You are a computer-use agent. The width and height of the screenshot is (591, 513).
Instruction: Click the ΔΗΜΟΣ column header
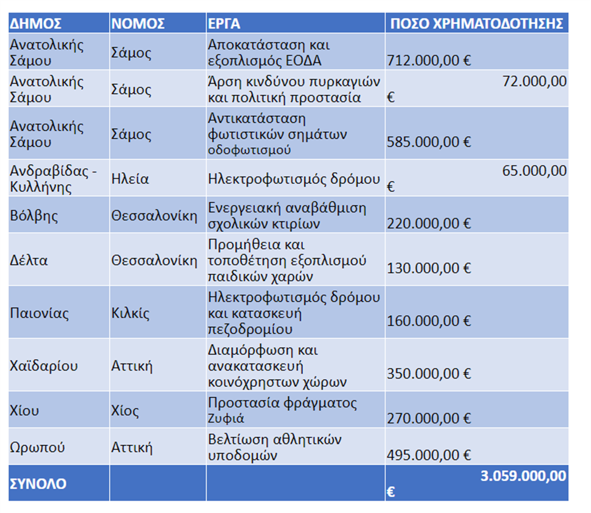click(35, 24)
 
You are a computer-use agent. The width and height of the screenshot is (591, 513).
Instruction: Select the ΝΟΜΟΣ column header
click(138, 24)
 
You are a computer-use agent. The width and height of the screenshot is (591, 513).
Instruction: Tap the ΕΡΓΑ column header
click(224, 24)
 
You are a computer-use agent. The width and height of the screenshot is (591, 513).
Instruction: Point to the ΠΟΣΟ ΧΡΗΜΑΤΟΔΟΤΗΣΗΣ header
click(476, 24)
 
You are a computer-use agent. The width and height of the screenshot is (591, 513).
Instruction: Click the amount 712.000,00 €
click(429, 60)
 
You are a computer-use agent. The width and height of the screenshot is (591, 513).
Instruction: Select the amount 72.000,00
click(534, 82)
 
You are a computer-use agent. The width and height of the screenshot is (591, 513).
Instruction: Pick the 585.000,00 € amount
click(429, 142)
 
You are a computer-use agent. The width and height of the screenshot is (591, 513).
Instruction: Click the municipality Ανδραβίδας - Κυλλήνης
click(53, 178)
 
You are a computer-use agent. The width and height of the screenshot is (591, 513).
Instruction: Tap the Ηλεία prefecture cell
click(130, 179)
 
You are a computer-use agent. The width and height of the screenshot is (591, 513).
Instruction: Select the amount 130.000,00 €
click(429, 268)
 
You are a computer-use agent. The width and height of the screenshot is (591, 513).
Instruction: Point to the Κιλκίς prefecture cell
click(130, 313)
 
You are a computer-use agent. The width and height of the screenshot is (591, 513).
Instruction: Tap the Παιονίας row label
click(39, 313)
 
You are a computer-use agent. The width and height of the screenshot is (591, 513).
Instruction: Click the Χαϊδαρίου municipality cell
click(44, 366)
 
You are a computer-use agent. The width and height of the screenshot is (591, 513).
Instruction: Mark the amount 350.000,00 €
click(429, 374)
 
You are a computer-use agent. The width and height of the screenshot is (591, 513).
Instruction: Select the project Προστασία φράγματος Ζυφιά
click(282, 410)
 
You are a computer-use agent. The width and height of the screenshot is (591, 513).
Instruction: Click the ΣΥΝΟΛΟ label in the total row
click(38, 483)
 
